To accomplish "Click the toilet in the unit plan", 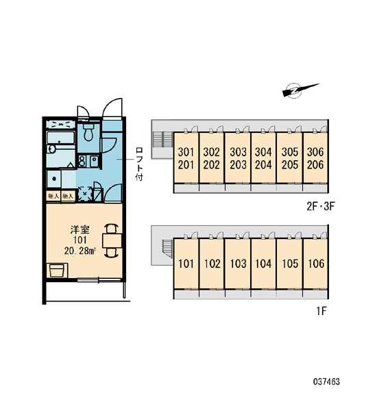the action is click(x=88, y=132).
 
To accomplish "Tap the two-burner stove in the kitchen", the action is click(x=82, y=161).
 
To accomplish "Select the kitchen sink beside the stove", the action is click(x=94, y=161).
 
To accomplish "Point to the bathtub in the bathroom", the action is click(x=61, y=138).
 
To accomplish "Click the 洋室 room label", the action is click(x=80, y=229).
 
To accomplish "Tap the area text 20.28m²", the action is click(x=80, y=251).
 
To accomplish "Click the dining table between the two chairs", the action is click(x=112, y=240).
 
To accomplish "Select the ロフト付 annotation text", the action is click(x=139, y=164).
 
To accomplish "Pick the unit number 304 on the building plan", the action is click(x=263, y=152).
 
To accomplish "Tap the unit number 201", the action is click(x=186, y=165).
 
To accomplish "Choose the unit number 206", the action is click(x=315, y=165).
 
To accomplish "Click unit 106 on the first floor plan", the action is click(x=316, y=264).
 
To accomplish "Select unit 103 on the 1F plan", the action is click(x=238, y=264).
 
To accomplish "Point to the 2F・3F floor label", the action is click(x=321, y=207).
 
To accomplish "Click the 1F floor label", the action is click(x=321, y=311).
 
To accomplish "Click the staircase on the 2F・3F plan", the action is click(x=162, y=140).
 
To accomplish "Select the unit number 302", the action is click(x=211, y=152).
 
